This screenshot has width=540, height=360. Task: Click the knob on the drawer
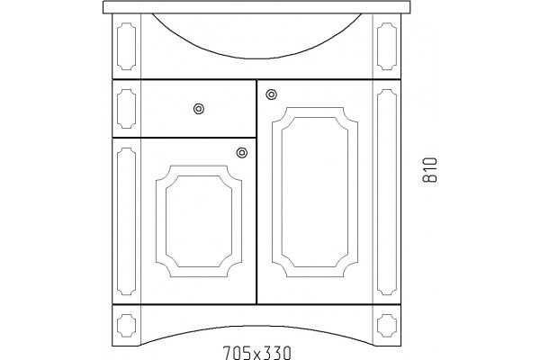click(199, 109)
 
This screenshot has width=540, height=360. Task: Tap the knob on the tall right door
click(272, 94)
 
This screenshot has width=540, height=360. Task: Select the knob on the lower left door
click(242, 153)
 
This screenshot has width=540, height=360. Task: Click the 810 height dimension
click(430, 169)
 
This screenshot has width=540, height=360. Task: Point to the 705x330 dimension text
click(256, 353)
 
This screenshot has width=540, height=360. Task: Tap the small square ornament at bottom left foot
click(126, 325)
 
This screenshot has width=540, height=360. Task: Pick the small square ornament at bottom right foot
click(387, 325)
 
